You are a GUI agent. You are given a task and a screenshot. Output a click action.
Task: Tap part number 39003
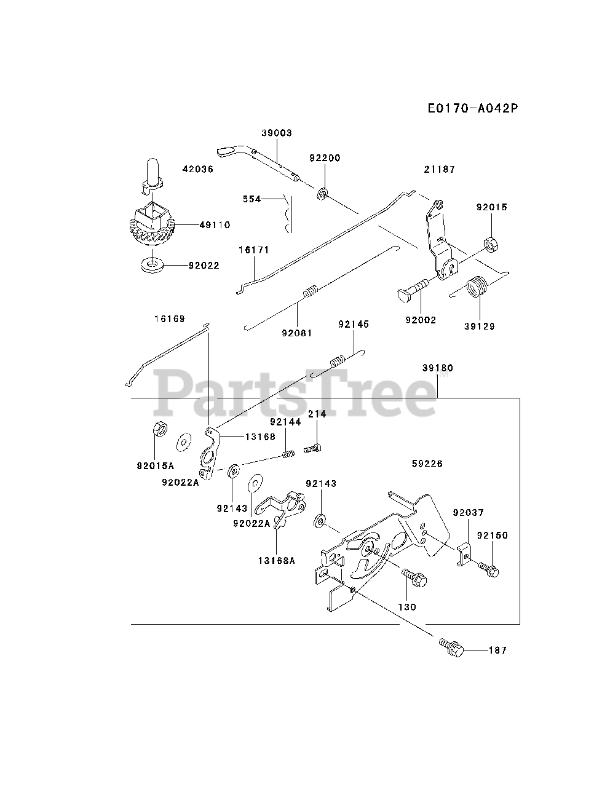point(276,133)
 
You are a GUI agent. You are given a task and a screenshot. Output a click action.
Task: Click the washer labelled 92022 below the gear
point(151,265)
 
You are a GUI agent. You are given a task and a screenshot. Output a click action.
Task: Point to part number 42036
point(198,168)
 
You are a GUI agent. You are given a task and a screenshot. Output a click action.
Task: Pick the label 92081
point(297,333)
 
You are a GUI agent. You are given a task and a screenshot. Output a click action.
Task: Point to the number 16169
point(169,319)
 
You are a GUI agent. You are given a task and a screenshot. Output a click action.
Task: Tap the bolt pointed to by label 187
point(451,647)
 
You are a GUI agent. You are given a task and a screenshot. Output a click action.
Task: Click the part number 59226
point(427,464)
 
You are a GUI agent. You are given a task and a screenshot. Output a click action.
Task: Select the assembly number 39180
point(438,368)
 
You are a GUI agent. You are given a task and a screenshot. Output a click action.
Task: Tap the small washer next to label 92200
point(322,195)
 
